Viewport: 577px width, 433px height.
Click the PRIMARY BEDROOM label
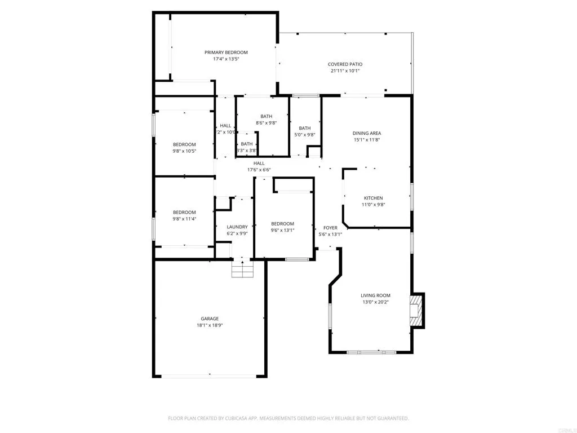226,52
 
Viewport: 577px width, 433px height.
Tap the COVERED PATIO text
345,64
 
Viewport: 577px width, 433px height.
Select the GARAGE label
210,319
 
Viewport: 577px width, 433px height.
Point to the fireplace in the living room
416,310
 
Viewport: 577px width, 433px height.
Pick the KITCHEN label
373,198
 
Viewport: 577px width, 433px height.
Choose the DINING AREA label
367,134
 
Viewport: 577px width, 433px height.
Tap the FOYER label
330,228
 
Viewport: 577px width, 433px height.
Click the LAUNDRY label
237,227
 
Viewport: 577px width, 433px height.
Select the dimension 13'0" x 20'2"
375,302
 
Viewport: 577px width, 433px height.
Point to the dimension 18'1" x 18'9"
210,325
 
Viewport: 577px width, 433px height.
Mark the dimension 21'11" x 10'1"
345,71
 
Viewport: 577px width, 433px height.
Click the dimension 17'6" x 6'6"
259,170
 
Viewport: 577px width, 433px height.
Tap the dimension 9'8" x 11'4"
184,219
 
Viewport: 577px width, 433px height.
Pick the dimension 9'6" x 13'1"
282,230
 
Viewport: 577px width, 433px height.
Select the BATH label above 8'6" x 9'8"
267,116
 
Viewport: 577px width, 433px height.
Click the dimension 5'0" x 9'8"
305,135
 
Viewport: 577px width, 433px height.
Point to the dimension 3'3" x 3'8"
247,151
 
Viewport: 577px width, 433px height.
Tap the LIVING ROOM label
375,295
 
